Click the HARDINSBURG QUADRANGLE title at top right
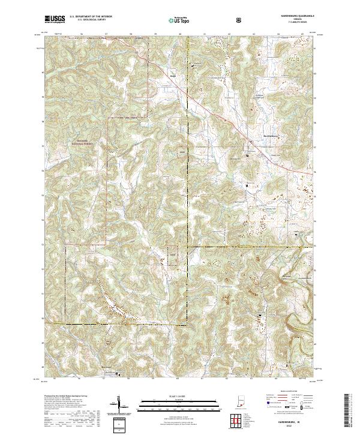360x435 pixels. [296, 16]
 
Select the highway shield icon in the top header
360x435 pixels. [241, 19]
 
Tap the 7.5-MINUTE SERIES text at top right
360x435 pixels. [296, 22]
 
